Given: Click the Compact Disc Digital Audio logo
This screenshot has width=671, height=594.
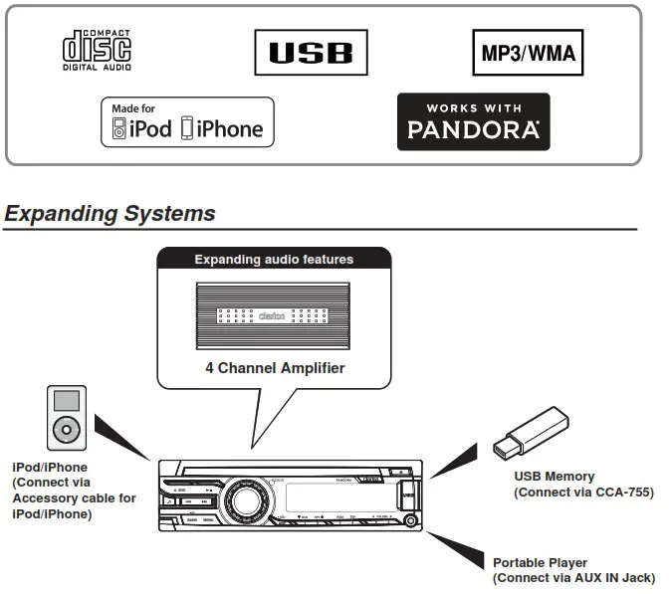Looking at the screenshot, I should (x=97, y=52).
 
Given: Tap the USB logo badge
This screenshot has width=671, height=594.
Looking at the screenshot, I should (x=311, y=52).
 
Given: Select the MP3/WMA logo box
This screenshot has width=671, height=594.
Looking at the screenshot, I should (x=528, y=53).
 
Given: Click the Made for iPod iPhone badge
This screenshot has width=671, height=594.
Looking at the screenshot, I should (x=187, y=122).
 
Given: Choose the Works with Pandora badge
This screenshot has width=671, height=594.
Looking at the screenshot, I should (x=473, y=121).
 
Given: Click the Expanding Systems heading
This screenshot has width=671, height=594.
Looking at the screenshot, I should (x=110, y=213).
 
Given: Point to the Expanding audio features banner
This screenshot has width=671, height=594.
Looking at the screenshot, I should (x=274, y=260).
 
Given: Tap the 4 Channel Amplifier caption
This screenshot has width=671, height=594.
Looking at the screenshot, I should (x=275, y=368).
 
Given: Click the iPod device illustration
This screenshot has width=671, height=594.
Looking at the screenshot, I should (x=67, y=418).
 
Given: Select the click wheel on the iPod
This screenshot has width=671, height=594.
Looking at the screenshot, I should (x=67, y=432).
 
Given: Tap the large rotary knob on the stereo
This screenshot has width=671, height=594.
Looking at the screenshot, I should (x=242, y=496).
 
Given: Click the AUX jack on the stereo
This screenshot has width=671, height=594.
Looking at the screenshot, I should (x=410, y=519).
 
